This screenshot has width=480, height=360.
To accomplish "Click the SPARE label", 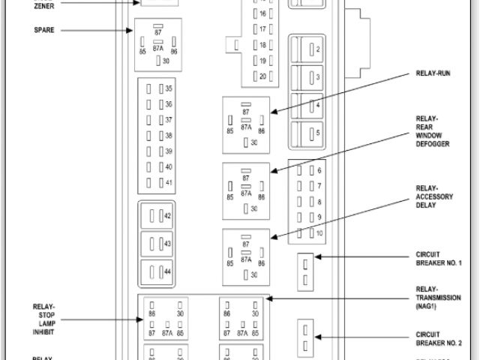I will click(x=44, y=30).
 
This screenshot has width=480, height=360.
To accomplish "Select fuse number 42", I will click(x=158, y=216).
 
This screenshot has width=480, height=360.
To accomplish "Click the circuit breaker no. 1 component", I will click(x=305, y=271).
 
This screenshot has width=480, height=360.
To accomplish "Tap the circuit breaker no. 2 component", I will click(x=305, y=337).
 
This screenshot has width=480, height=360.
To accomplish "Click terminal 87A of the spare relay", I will click(x=158, y=47).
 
